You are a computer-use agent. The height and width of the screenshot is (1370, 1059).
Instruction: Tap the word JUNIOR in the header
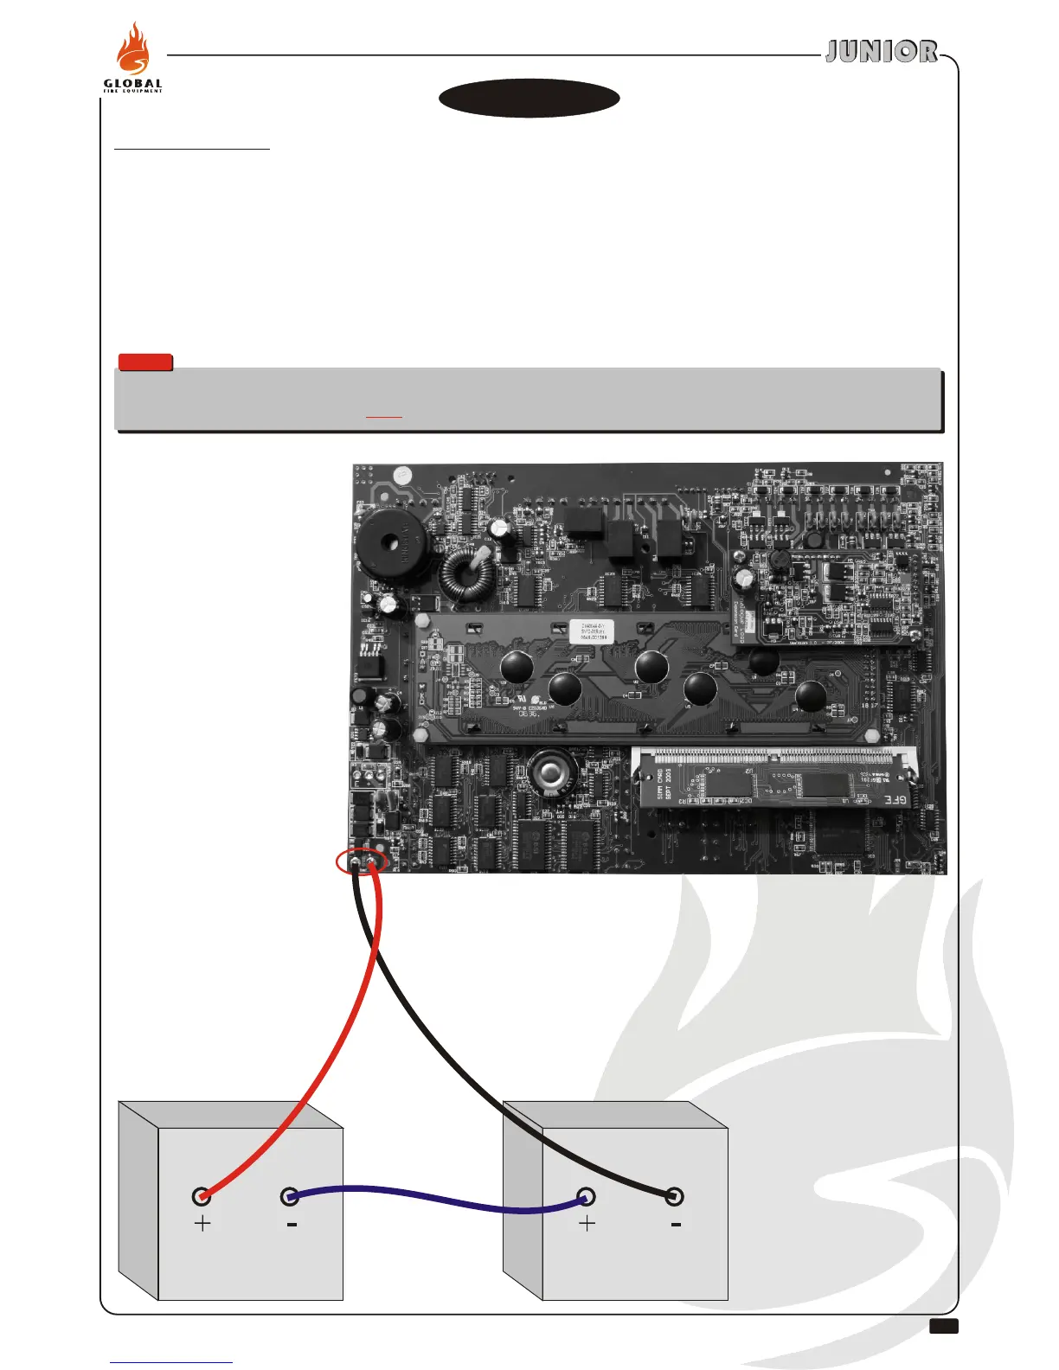881,52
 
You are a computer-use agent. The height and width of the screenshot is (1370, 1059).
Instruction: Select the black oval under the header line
529,99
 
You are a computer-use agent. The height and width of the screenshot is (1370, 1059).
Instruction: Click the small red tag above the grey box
145,362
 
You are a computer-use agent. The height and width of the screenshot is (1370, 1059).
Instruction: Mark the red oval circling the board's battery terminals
361,861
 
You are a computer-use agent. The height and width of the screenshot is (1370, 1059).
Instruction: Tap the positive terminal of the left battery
202,1197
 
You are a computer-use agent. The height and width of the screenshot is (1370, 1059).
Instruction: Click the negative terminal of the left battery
291,1197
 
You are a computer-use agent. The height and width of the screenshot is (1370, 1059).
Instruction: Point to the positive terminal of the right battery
587,1197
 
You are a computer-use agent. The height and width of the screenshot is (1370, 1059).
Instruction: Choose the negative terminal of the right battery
675,1197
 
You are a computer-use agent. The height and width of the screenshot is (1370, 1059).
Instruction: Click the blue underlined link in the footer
171,1362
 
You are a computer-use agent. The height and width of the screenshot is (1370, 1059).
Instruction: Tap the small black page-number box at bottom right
944,1327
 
